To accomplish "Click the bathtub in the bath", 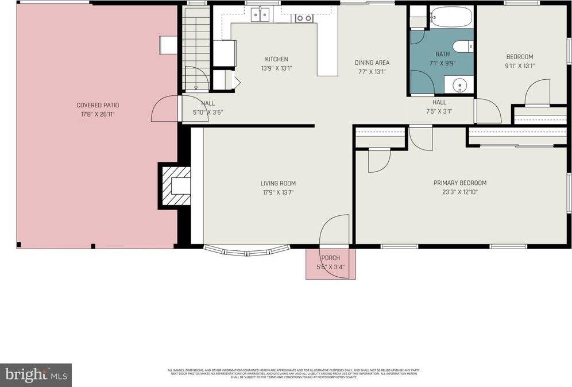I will coord(451,17).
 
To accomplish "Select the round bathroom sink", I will coord(460,86).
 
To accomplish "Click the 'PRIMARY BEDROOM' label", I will coord(459,183).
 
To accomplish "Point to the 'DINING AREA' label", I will coord(372,63).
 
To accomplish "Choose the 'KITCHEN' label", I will coord(276,59).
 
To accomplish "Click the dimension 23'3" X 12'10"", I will coord(459,192).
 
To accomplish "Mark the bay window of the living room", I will coord(247,250).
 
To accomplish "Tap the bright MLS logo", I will coord(36,375).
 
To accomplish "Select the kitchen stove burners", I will coord(304,18).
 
